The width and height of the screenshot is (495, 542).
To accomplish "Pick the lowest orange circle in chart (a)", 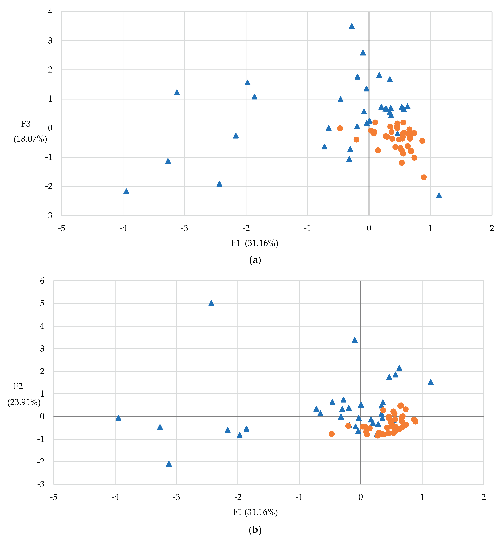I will tap(424, 177).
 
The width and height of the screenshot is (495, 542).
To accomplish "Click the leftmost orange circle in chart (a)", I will tap(340, 128).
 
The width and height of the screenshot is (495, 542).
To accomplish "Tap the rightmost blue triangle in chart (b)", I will tap(431, 382).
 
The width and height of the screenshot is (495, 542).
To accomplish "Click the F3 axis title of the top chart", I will tap(26, 124).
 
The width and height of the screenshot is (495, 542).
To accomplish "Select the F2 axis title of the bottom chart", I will tap(18, 386).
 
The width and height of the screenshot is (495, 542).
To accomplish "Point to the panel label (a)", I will tap(255, 260).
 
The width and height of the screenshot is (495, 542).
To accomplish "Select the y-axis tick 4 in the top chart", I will tap(50, 12).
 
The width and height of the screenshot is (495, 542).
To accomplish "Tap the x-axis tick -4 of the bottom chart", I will tap(115, 497).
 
